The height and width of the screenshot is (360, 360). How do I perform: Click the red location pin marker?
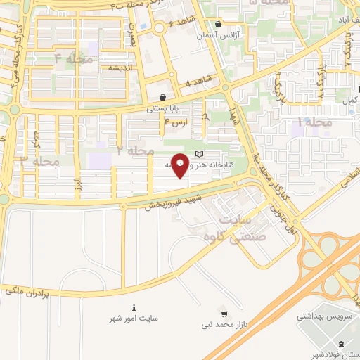point(180,165)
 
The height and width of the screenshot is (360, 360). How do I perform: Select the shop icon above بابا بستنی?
point(163,98)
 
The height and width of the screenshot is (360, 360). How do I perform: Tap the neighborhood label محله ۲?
point(135,150)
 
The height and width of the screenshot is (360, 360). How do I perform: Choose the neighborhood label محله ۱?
point(314,123)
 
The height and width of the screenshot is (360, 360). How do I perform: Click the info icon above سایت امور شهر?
point(134,307)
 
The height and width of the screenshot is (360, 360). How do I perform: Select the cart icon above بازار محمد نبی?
point(224,313)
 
